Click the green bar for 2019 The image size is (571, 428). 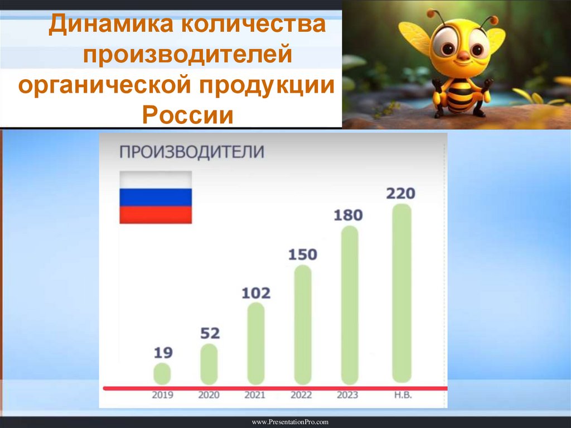(x=162, y=373)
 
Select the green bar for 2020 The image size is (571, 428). (x=209, y=364)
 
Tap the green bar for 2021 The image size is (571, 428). (x=256, y=343)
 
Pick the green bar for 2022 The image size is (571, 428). (x=302, y=324)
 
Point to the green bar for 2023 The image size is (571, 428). (x=349, y=305)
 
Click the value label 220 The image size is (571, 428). (x=401, y=194)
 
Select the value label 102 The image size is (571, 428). (x=256, y=293)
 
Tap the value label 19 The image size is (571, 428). (x=162, y=353)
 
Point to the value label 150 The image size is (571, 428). (x=303, y=254)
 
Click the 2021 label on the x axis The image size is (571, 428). (x=255, y=395)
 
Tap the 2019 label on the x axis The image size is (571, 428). (x=162, y=395)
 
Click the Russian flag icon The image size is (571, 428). (x=156, y=197)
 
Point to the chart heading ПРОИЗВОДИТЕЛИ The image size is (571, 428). (x=192, y=151)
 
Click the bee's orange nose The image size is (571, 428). (x=463, y=55)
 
